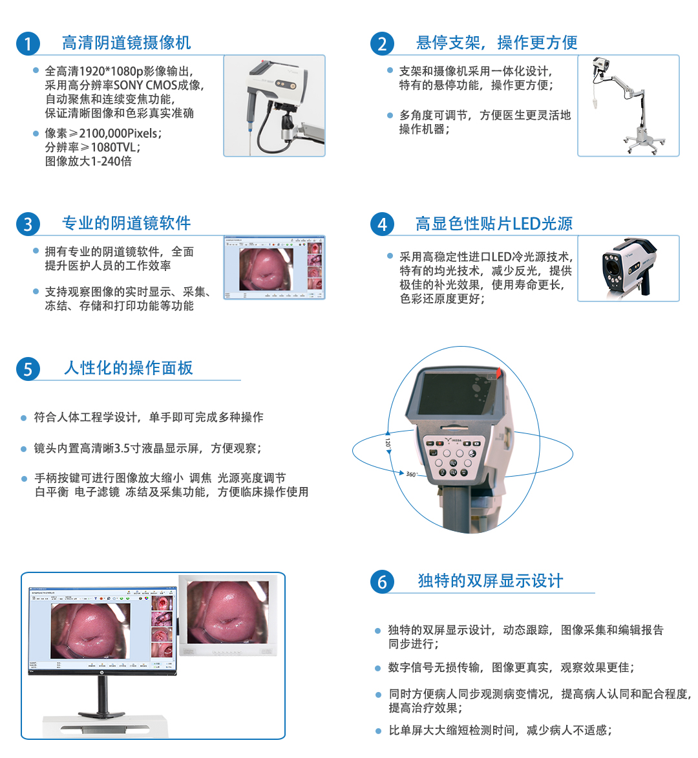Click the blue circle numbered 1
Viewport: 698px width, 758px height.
pos(28,44)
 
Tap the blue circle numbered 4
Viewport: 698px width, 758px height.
pos(382,224)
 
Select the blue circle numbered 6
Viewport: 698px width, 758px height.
pos(382,581)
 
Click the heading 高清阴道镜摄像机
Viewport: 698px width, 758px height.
pos(126,43)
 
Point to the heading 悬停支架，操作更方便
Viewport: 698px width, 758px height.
pos(496,43)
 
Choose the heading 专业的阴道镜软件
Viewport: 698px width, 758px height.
pos(126,223)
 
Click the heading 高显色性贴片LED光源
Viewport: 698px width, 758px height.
pos(494,224)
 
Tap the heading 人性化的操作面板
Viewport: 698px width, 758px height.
pos(128,368)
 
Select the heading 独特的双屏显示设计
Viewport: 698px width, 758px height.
pos(490,581)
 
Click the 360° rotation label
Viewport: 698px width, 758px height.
pos(411,474)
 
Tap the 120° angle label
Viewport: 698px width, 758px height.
pos(388,443)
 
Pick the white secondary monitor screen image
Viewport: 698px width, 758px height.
pos(227,612)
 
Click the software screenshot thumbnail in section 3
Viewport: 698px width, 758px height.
pos(274,268)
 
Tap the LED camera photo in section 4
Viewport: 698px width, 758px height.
pos(628,268)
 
